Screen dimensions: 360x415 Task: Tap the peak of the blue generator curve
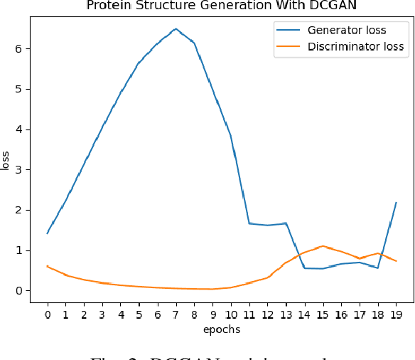(176, 28)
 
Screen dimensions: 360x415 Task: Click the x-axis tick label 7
(176, 314)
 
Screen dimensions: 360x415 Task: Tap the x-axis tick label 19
(396, 314)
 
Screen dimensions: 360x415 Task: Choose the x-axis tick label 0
(47, 314)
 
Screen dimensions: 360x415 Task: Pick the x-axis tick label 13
(286, 314)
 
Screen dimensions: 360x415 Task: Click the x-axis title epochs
(221, 329)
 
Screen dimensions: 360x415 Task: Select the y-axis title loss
(6, 160)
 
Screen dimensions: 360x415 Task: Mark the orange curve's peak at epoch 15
(323, 246)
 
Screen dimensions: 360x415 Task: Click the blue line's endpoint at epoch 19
(396, 202)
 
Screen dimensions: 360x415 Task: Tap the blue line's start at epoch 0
(47, 233)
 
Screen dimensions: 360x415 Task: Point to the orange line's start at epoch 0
(47, 266)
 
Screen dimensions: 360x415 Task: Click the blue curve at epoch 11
(249, 223)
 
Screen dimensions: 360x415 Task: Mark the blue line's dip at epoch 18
(377, 268)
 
